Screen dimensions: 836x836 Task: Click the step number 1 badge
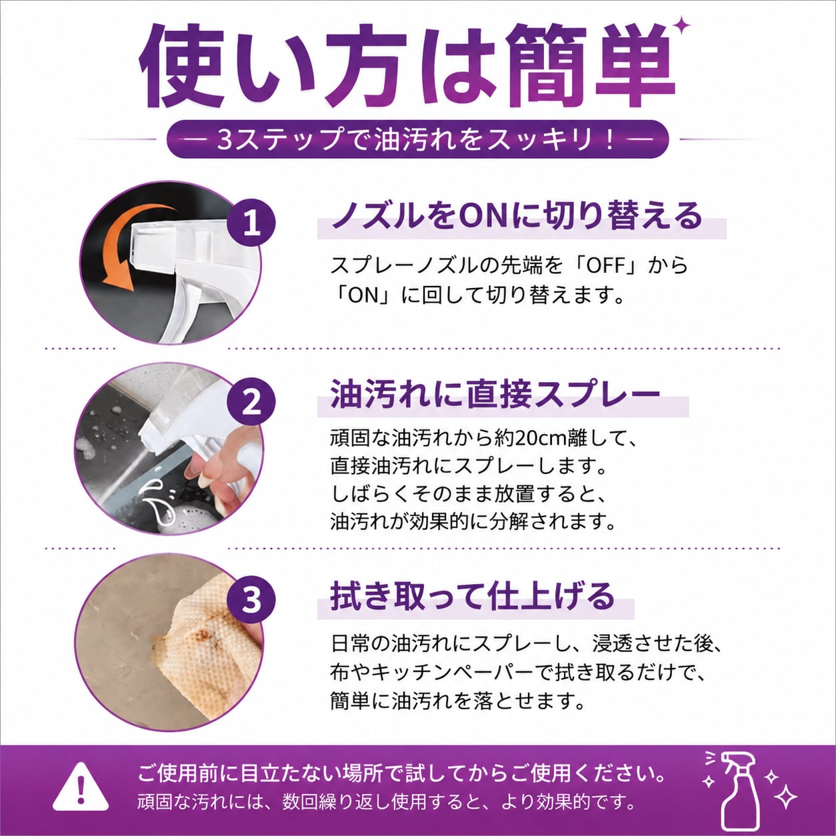click(251, 224)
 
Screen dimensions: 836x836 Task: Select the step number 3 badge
click(251, 600)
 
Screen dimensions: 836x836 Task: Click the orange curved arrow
click(130, 247)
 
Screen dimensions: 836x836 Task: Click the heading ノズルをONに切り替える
click(516, 216)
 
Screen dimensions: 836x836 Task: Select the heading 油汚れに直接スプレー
click(495, 395)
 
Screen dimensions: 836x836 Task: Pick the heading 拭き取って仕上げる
click(473, 595)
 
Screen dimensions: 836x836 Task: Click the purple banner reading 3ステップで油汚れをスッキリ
click(417, 139)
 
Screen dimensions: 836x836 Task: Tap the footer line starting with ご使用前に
click(401, 773)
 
